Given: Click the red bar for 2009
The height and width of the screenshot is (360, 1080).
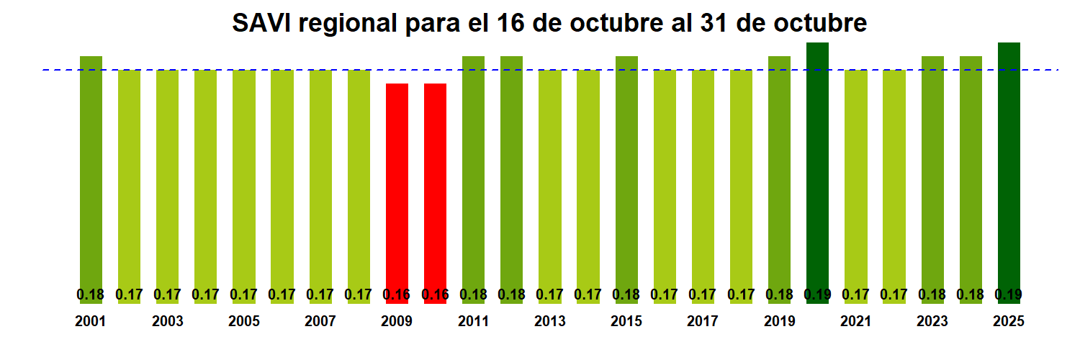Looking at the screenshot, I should coord(397,187).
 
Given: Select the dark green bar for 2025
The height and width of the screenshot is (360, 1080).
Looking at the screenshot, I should coord(1009,173).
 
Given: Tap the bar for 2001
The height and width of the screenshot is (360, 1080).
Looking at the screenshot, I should coord(91,173).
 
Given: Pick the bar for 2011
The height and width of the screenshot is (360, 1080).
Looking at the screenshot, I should coord(473,173).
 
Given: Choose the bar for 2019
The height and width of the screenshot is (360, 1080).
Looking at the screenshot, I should coord(779,173).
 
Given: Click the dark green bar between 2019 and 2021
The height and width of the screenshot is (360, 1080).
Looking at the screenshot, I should coord(817,173).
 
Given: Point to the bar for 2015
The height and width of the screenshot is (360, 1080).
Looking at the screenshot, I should coord(626,173).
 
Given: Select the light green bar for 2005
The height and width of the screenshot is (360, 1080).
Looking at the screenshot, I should coord(244,180).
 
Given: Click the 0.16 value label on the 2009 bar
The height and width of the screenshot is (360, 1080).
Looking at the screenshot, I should coord(397,294).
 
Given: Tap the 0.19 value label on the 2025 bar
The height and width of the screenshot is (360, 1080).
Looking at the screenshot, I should coord(1009,294).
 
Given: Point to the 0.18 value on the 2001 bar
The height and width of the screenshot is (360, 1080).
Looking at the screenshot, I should coord(91,294).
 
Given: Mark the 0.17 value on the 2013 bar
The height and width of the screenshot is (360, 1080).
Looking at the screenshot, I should coord(550,294).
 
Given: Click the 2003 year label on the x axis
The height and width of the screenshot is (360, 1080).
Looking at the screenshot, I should coord(167,322).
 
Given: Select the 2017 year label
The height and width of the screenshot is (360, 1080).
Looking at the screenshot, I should coord(703,322).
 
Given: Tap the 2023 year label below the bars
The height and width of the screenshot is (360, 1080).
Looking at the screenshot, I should coord(932,322).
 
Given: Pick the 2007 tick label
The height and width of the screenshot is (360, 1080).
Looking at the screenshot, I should coord(320,322).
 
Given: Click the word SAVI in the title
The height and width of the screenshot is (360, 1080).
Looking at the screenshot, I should coord(261,24).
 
